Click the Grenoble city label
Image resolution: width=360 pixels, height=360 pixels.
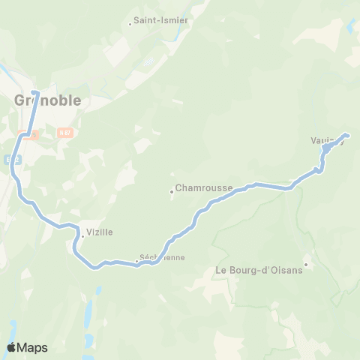tap(48, 100)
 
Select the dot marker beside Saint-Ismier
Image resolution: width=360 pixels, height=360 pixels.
tap(130, 22)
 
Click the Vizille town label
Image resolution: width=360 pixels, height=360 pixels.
tap(100, 232)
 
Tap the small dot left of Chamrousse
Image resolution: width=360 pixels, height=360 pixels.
tap(172, 191)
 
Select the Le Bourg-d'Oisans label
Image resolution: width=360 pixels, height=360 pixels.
tap(259, 270)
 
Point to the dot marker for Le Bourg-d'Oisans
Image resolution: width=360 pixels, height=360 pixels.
tap(306, 264)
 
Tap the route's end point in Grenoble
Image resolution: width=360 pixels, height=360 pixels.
tap(34, 93)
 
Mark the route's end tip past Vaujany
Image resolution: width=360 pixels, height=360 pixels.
tap(347, 135)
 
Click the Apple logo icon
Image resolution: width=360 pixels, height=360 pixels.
tap(11, 347)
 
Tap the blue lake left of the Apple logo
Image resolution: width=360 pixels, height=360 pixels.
tap(13, 330)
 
